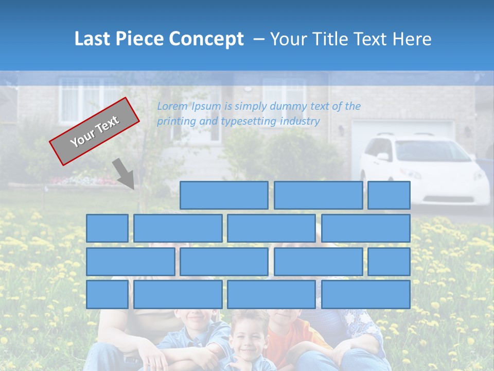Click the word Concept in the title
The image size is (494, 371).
click(x=206, y=39)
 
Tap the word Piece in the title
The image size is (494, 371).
click(x=134, y=39)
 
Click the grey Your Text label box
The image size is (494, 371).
click(x=94, y=131)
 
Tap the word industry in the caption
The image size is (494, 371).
click(x=300, y=121)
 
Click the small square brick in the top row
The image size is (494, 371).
click(x=389, y=195)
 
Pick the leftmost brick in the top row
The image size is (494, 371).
click(x=224, y=195)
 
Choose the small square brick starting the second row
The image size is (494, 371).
click(x=107, y=228)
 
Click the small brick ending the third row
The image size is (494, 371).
click(x=389, y=262)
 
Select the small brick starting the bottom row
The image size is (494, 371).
click(x=107, y=295)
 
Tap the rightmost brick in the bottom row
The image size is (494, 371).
click(x=366, y=295)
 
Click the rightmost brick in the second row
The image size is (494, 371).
click(x=366, y=228)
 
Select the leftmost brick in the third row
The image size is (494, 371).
click(x=130, y=262)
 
